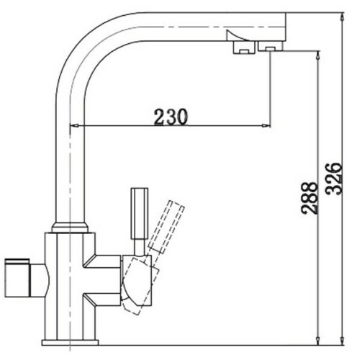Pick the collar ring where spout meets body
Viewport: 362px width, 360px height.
tap(70, 229)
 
